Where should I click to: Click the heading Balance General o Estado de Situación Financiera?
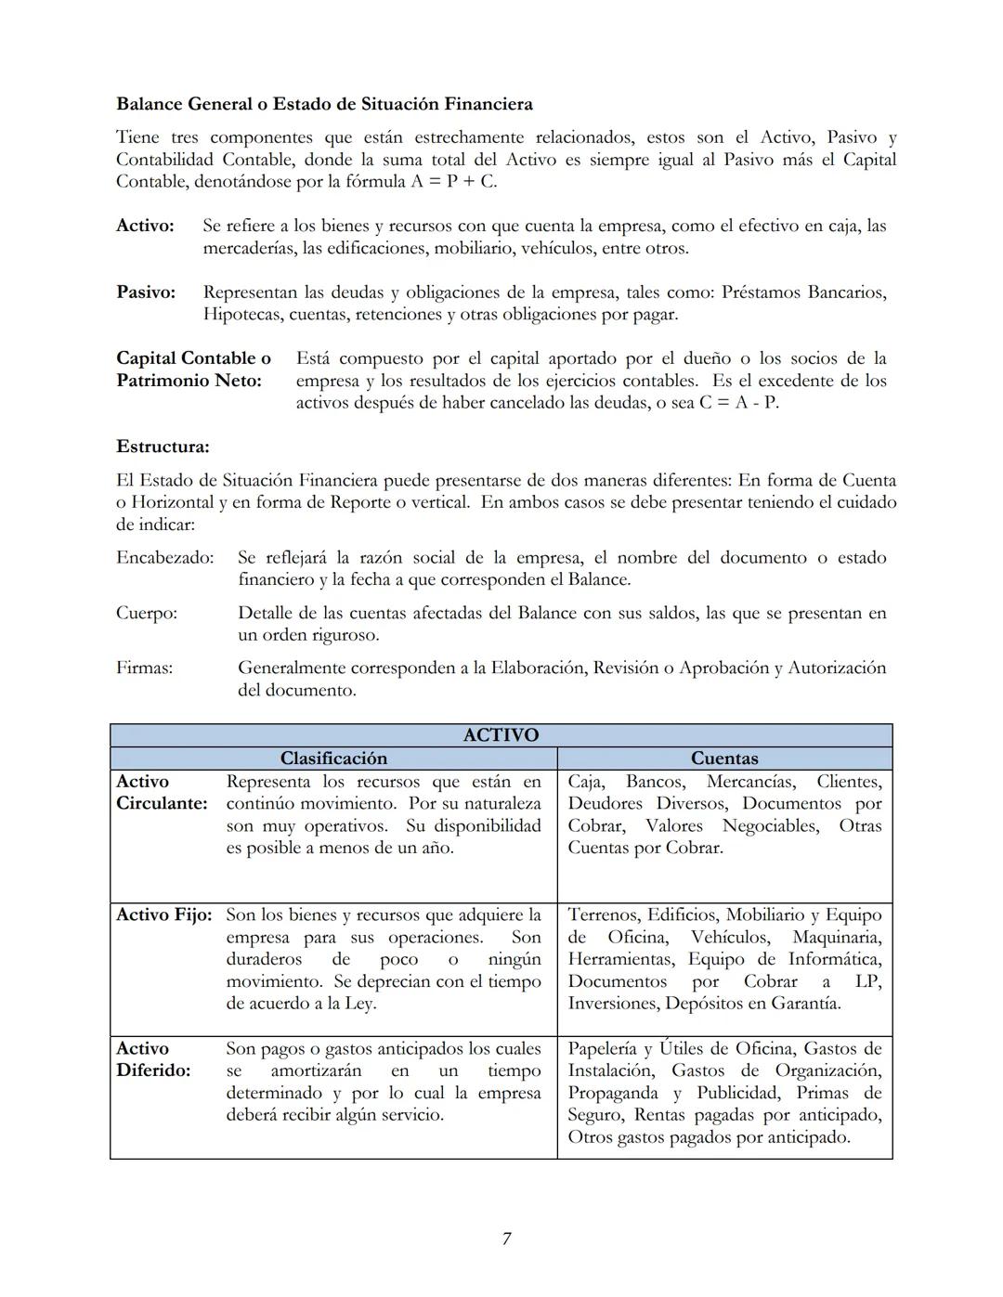point(324,103)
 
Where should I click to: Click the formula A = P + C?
point(453,182)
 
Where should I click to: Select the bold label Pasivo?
point(146,292)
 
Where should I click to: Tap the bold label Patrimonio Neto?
point(189,381)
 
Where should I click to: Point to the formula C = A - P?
point(738,403)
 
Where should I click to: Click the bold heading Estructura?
point(163,447)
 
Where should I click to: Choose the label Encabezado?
point(164,558)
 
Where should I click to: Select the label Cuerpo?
point(147,614)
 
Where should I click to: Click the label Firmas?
point(144,668)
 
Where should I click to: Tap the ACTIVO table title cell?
point(501,735)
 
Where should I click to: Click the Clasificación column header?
point(333,759)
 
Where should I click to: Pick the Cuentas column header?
point(724,759)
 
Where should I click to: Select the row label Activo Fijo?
point(163,915)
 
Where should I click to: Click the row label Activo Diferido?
point(153,1059)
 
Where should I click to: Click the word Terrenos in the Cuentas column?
point(603,915)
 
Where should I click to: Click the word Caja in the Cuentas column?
point(585,782)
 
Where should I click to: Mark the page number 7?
point(506,1239)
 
